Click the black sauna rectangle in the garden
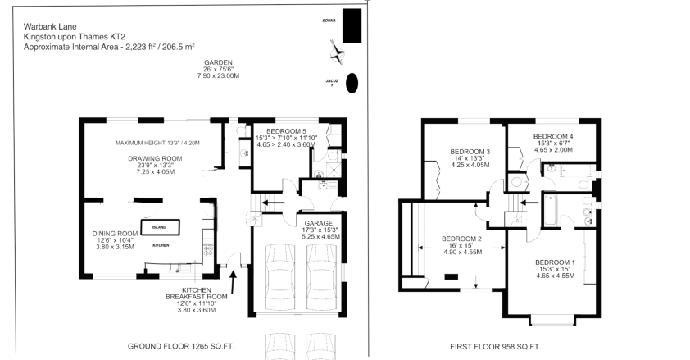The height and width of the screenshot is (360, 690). (352, 26)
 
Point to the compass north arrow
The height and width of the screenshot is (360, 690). (336, 53)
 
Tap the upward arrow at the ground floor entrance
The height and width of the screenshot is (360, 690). (234, 283)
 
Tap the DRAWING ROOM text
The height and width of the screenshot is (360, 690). (154, 158)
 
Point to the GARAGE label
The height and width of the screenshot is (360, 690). (320, 222)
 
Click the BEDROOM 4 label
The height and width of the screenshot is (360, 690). (553, 136)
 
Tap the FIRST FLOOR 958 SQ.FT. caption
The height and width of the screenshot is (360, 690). (495, 347)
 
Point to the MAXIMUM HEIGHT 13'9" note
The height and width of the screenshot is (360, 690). (157, 143)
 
